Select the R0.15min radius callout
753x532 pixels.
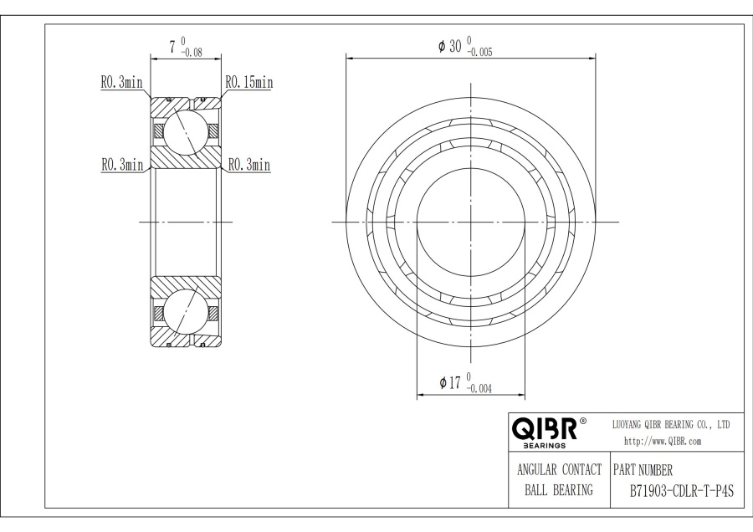coord(248,82)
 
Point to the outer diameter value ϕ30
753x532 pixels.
coord(450,47)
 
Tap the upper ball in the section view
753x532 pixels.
coord(185,132)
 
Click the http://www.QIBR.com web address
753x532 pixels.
coord(663,441)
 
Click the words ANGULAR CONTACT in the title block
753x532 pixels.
coord(559,468)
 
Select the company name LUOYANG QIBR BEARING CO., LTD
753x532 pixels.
coord(672,424)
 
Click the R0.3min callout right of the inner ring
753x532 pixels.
coord(249,165)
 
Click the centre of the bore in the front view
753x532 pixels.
coord(471,222)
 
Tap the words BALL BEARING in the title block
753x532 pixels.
coord(559,489)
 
